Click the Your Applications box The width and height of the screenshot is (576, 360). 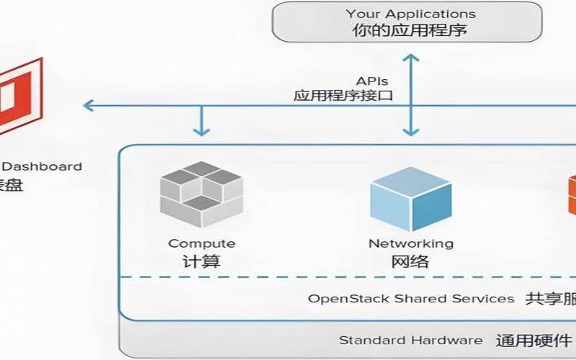pos(407,22)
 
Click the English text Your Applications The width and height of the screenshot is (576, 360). pos(410,14)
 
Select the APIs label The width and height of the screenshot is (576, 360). pos(372,81)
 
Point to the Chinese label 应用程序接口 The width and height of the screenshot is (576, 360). pos(343,95)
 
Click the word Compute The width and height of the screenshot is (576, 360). pos(202,243)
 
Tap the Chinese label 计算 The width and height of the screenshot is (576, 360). pos(202,261)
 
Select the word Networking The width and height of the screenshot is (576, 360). pos(411,243)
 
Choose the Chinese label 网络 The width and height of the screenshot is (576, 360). pos(410,261)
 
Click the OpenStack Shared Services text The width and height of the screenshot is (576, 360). pos(411,298)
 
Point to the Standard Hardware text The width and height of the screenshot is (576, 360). pos(410,340)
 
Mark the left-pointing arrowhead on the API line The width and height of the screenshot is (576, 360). pos(89,106)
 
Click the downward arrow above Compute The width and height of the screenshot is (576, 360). pos(202,124)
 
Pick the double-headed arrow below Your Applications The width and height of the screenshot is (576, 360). pos(410,94)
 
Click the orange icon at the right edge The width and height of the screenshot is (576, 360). pos(572,194)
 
